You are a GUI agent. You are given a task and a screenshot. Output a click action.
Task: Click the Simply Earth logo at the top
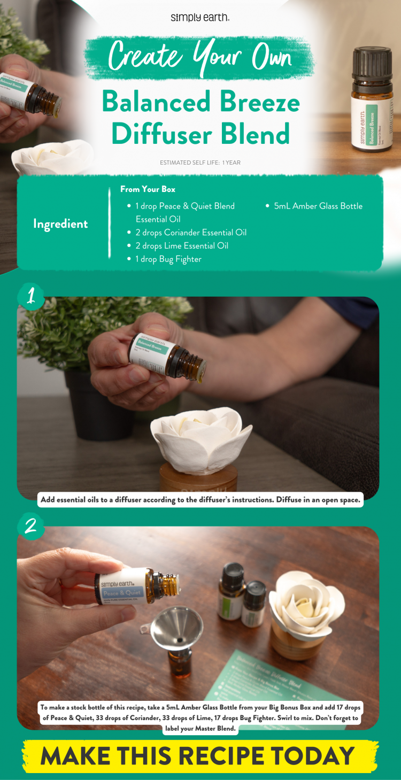click(200, 17)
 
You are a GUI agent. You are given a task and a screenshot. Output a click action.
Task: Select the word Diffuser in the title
click(164, 134)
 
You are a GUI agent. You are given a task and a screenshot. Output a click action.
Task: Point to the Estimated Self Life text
click(200, 163)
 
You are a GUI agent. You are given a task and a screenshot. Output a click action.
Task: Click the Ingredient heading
click(60, 224)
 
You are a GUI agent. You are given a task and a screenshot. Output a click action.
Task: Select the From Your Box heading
click(148, 189)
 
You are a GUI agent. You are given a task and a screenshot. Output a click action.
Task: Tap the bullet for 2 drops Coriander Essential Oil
click(129, 233)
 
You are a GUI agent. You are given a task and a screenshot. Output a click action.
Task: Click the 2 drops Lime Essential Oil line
click(182, 246)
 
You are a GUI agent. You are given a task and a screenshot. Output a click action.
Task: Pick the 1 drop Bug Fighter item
click(168, 259)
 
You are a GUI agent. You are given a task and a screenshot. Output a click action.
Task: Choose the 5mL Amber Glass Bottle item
click(318, 206)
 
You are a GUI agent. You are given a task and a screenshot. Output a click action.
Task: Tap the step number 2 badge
click(30, 526)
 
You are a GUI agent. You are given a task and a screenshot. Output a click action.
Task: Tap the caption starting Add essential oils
click(200, 500)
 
